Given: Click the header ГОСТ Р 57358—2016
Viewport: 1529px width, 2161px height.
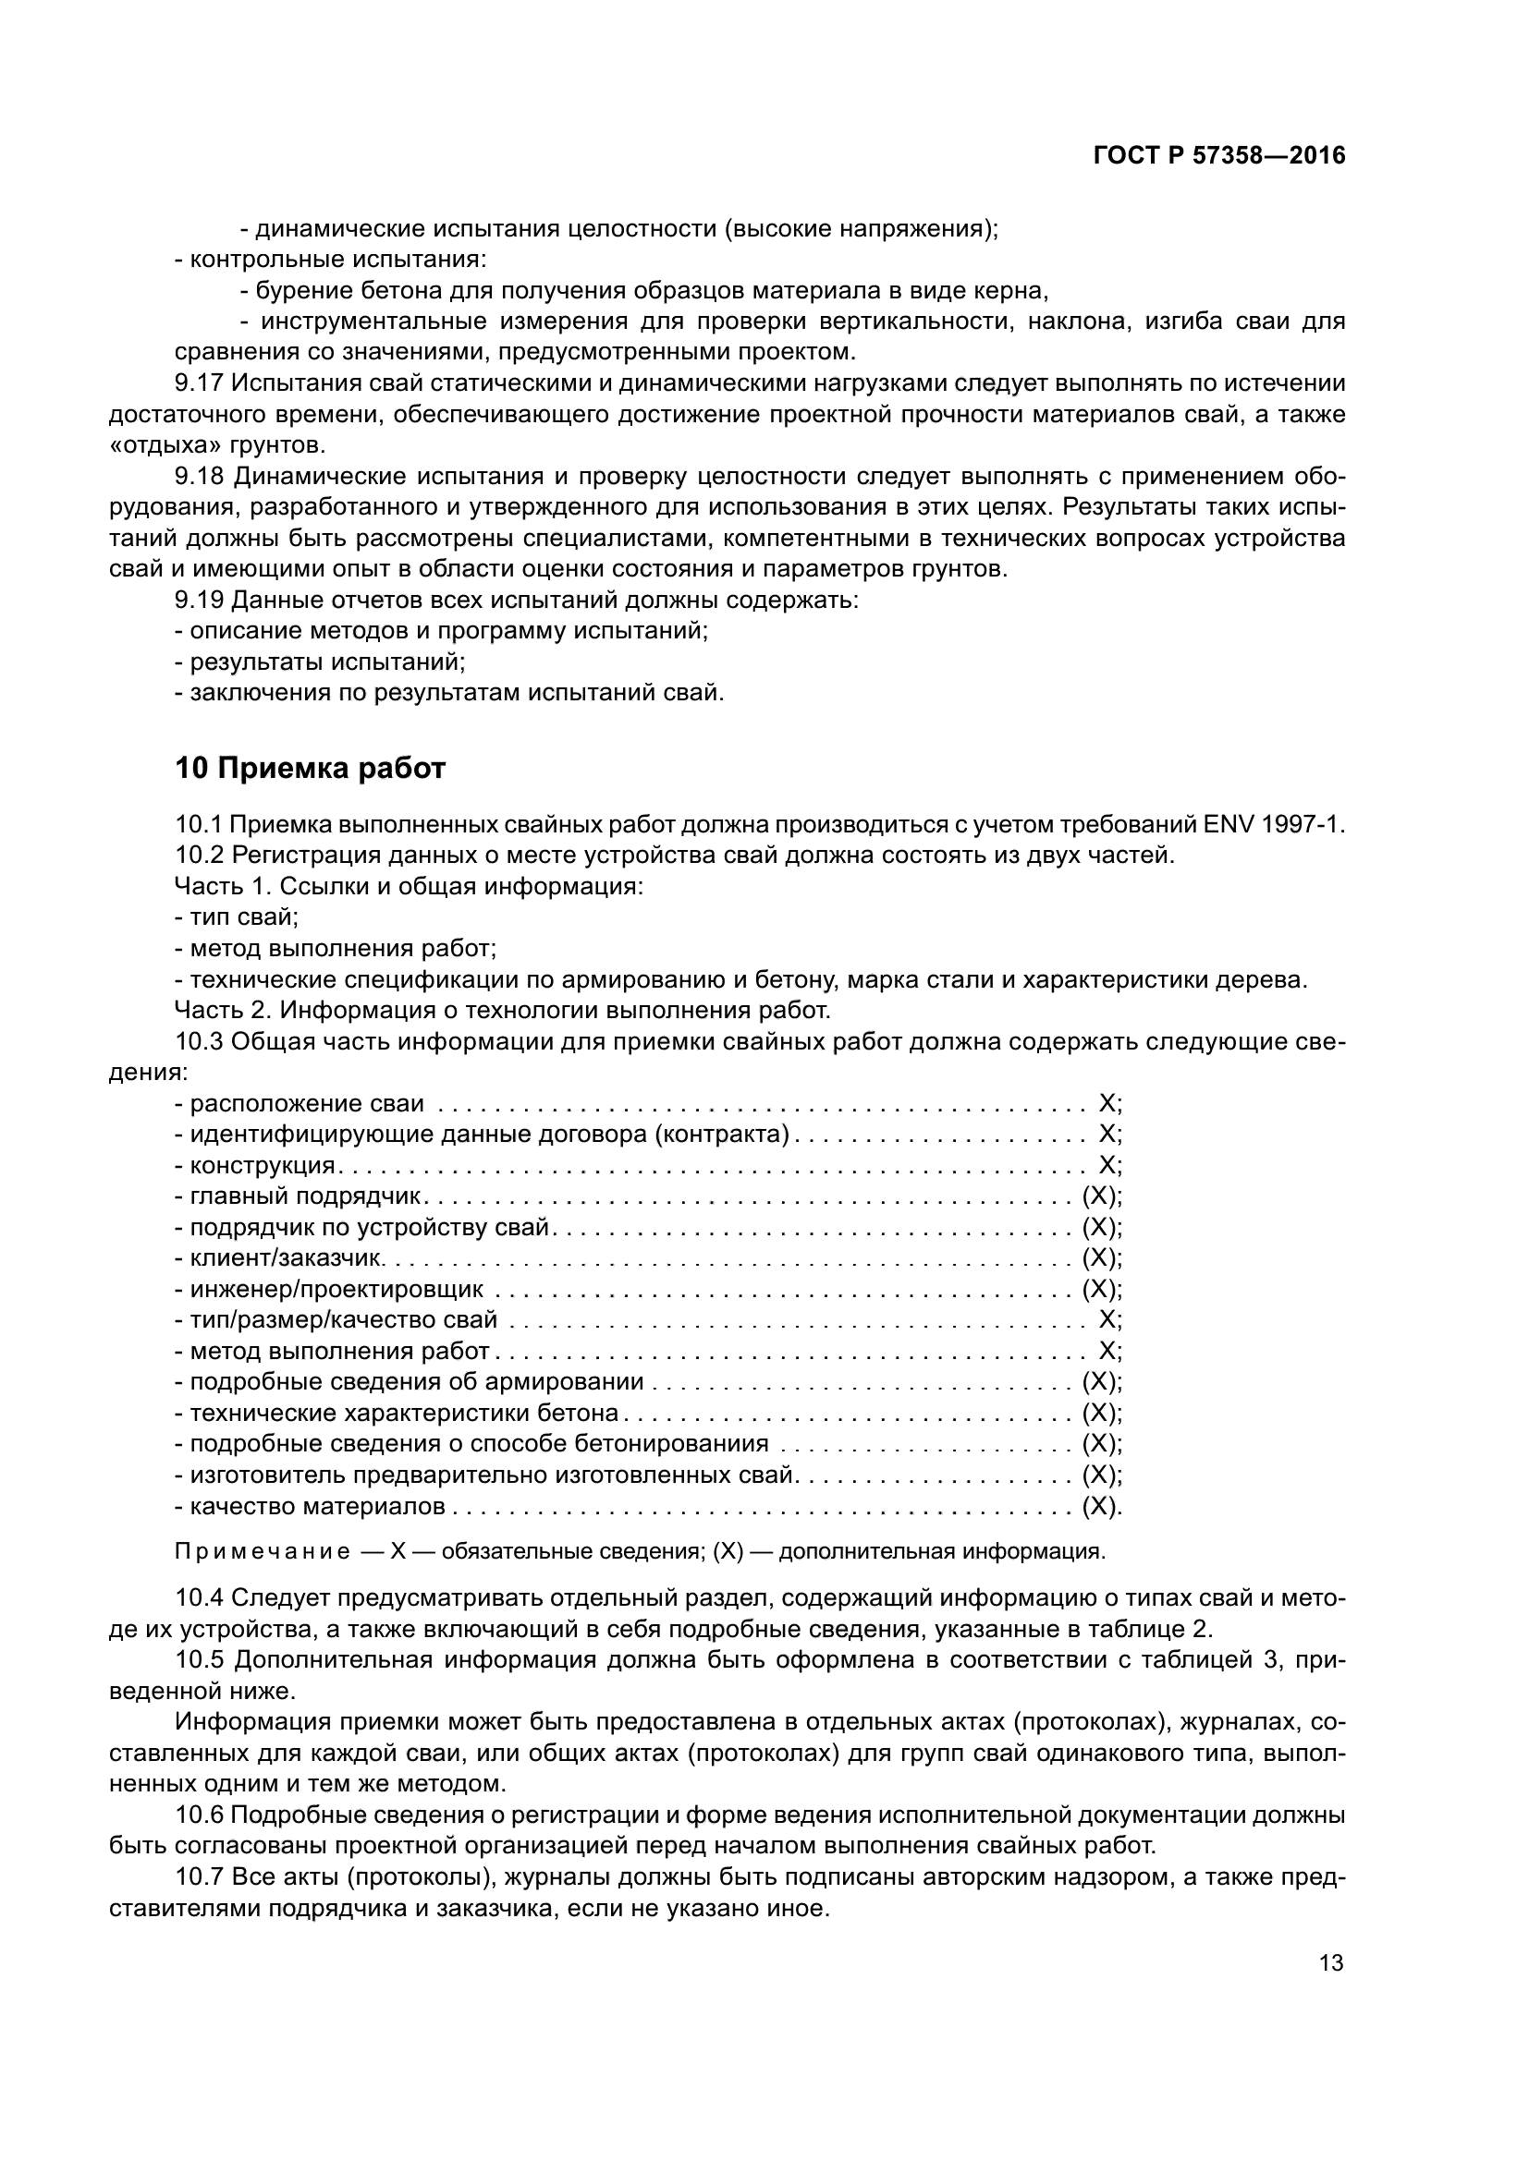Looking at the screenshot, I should (1218, 156).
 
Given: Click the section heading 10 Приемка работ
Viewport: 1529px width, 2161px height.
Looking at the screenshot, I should (310, 769).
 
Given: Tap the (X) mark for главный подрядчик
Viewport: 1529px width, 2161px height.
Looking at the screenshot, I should (1099, 1196).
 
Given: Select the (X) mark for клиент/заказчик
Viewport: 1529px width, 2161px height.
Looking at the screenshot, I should (1099, 1258).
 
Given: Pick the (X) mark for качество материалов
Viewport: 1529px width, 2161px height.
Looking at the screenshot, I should (1099, 1507).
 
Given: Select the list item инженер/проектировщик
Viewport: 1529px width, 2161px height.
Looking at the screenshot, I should (337, 1290).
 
